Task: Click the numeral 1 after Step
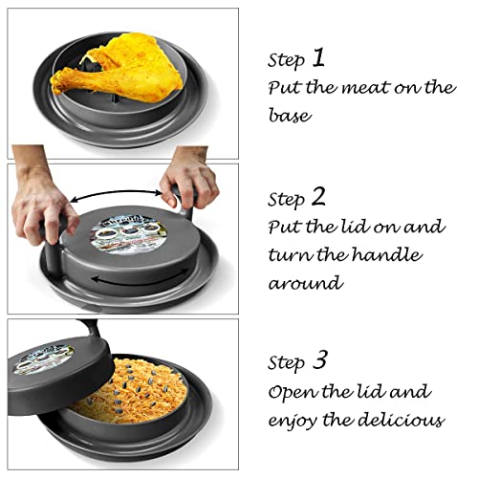(x=317, y=57)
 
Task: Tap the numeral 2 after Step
(x=318, y=197)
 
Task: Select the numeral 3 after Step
(x=320, y=361)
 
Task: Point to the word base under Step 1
(x=289, y=117)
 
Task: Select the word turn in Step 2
(x=291, y=256)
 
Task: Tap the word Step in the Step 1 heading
(x=285, y=60)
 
